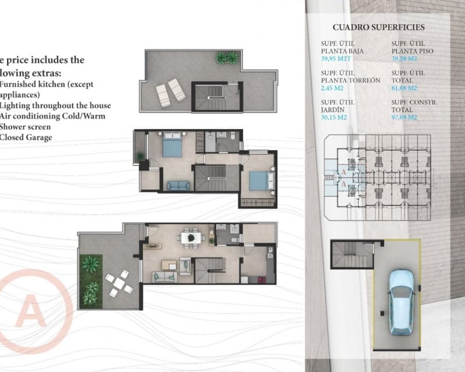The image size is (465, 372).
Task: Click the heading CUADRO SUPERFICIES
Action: [378, 27]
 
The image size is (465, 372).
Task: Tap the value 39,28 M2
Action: [405, 58]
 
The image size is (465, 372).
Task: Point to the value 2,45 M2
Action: [332, 88]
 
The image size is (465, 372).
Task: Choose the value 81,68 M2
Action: [405, 88]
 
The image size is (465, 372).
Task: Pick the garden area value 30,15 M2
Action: [334, 117]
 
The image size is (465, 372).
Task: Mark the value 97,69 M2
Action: [405, 117]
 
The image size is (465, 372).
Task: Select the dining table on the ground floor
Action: [189, 237]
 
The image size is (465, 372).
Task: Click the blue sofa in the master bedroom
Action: [178, 185]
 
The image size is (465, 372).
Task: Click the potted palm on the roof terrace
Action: [227, 58]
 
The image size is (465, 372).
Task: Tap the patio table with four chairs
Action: [119, 283]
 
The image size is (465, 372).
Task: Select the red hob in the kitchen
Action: [270, 252]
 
